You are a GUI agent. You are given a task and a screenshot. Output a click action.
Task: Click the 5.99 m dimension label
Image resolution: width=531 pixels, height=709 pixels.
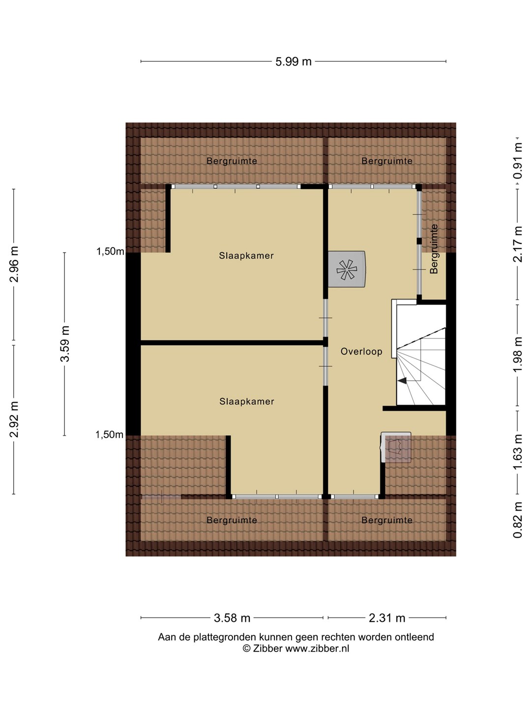pos(294,62)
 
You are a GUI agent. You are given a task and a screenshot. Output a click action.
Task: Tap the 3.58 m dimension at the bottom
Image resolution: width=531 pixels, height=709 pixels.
pos(232,618)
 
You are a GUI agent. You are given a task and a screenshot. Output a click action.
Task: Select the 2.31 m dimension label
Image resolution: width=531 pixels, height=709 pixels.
pos(386,618)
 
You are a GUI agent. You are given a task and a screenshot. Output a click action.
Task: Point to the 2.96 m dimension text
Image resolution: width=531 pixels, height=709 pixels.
pos(14,264)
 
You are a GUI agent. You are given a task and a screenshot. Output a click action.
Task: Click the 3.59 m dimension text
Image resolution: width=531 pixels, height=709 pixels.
pos(65,344)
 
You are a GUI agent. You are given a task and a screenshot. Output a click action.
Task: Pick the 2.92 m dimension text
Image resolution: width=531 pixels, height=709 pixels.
pos(14,419)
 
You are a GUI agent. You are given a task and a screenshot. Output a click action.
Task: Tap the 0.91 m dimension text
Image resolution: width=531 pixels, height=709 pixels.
pos(517,161)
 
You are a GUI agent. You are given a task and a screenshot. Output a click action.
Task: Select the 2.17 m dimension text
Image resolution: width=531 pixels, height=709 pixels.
pos(517,244)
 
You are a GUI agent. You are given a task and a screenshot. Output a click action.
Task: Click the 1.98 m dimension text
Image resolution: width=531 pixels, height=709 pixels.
pos(517,354)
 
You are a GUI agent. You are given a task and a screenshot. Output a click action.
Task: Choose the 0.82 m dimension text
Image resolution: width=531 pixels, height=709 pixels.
pos(517,520)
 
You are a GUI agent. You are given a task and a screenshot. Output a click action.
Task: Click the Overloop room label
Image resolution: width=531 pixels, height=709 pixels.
pos(361,352)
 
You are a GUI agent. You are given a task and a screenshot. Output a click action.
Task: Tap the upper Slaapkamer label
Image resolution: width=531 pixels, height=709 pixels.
pos(246,256)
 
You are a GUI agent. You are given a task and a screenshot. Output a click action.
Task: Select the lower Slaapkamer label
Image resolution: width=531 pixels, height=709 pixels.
pos(247,401)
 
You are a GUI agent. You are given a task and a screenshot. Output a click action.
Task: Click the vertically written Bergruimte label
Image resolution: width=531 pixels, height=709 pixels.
pos(434,249)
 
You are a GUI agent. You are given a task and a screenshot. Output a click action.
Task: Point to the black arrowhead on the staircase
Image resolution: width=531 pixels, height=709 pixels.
pos(402,381)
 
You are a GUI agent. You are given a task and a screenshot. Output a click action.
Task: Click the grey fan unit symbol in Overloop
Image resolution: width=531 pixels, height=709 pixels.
pos(347,269)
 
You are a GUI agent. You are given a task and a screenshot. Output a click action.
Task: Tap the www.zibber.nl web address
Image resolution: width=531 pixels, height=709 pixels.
pos(317,648)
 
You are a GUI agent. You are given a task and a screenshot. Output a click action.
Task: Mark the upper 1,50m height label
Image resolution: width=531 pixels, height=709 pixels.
pos(110,251)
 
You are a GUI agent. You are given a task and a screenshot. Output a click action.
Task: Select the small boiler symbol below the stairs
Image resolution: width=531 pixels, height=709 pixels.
pos(396,448)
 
